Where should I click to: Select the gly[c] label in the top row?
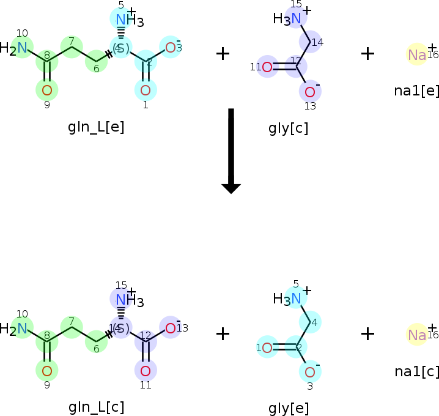[288, 128]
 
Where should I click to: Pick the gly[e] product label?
[288, 409]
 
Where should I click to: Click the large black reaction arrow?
[231, 150]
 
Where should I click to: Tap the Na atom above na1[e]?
[417, 55]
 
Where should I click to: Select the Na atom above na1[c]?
[417, 335]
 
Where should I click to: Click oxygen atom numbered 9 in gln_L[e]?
[47, 91]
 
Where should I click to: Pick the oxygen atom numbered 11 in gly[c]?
[267, 67]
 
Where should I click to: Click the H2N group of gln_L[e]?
[15, 48]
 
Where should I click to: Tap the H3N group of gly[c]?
[287, 18]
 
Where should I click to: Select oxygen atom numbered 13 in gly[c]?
[309, 92]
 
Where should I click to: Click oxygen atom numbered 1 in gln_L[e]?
[146, 91]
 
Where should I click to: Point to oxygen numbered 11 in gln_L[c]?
[146, 371]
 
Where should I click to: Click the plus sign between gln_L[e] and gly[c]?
[223, 53]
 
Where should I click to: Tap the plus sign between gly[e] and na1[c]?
[367, 333]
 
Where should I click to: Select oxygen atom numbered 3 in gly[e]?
[309, 372]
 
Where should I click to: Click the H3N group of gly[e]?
[287, 299]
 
